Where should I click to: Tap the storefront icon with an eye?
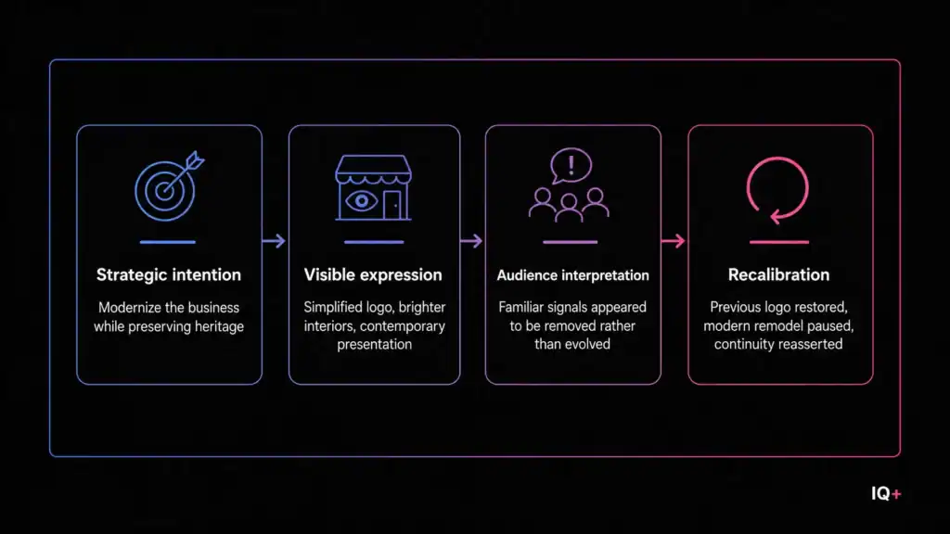pos(373,187)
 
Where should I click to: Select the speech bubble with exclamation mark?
pos(571,165)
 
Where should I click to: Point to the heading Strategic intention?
pos(169,274)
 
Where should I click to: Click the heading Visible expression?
pos(373,274)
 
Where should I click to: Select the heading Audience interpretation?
pos(572,275)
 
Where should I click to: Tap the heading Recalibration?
pos(778,274)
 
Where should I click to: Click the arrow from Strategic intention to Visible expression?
pos(274,241)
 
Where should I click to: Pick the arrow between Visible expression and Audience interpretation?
pos(471,241)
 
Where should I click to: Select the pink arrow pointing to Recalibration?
pos(674,241)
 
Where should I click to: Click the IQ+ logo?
pos(886,494)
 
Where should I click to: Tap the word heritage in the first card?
pos(219,326)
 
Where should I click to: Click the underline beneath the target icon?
pos(168,242)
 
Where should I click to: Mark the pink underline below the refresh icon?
pos(779,242)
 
